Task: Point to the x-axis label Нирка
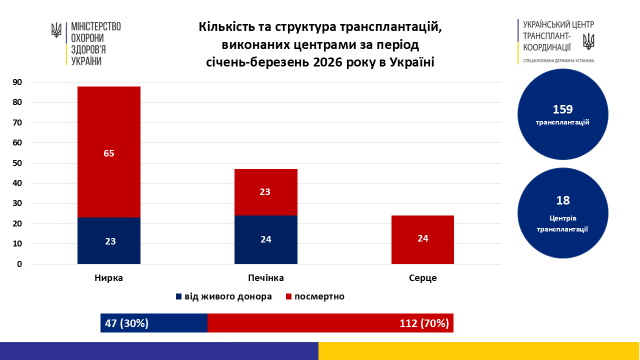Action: [x=108, y=278]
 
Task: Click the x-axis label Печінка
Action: [x=266, y=278]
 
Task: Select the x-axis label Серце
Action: [x=422, y=278]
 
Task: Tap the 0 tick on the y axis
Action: [x=19, y=264]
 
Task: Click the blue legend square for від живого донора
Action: [x=178, y=296]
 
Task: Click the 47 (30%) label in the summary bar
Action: [x=126, y=323]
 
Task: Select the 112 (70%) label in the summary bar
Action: [x=424, y=323]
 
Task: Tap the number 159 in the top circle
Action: [x=562, y=109]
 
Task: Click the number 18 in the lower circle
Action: [x=562, y=200]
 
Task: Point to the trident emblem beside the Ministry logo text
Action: [x=56, y=30]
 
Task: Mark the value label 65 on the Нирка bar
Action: [x=109, y=153]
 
